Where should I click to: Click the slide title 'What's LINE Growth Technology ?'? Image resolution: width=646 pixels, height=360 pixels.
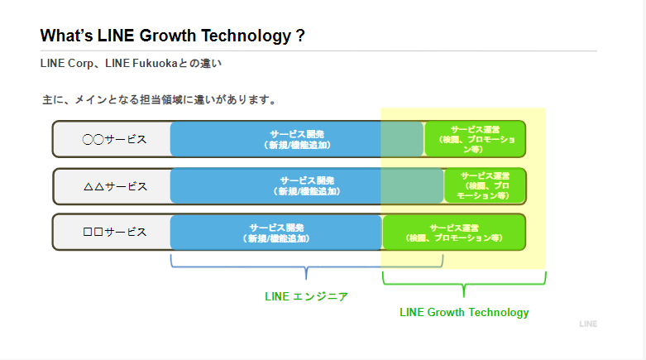[172, 36]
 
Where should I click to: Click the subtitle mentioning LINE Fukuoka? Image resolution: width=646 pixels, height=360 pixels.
[131, 63]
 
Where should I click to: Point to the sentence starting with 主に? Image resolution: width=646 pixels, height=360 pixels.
[159, 99]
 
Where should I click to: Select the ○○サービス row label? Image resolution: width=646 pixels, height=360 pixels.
[114, 139]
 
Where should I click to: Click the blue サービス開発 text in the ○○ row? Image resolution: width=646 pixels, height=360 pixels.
[296, 138]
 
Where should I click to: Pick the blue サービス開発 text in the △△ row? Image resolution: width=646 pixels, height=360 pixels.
[306, 185]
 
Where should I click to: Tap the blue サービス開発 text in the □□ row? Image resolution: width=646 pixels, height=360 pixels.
[276, 232]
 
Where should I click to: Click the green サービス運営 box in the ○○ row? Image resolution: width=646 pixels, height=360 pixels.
[475, 138]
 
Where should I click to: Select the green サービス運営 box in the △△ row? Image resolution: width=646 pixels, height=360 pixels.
[485, 185]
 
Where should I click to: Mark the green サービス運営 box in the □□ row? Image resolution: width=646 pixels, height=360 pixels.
[454, 232]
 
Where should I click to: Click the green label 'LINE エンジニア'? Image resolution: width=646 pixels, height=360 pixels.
[306, 296]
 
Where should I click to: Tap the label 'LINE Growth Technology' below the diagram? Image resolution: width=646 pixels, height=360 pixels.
[464, 312]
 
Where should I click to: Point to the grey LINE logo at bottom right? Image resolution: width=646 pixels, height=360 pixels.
[587, 324]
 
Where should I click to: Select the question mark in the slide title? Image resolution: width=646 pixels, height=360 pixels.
[299, 36]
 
